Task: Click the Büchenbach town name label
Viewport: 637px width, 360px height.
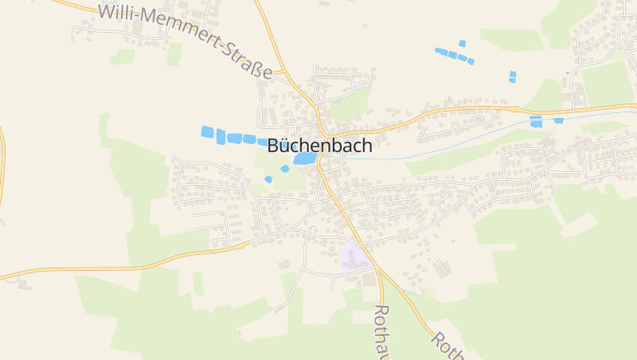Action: coord(319,146)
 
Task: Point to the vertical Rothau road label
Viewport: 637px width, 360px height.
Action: coord(381,331)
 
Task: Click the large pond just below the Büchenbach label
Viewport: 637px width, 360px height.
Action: coord(304,159)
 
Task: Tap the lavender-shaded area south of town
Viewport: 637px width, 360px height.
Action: coord(354,257)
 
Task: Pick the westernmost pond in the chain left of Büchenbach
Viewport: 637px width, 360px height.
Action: coord(207,131)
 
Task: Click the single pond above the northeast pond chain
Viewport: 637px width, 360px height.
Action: coord(462,43)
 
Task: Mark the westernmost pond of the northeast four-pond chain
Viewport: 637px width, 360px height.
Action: coord(440,51)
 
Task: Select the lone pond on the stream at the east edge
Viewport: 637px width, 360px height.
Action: coord(558,121)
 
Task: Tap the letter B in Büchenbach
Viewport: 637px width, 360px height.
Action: coord(274,146)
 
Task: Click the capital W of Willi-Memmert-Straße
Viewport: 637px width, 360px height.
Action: coord(107,11)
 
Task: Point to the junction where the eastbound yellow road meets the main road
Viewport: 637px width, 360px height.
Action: coord(324,134)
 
